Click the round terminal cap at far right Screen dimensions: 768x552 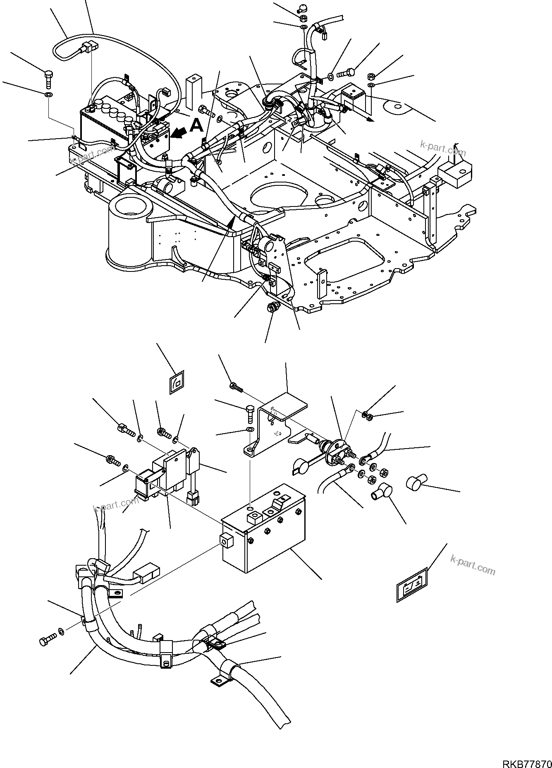[416, 483]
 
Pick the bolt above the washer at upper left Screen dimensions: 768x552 [48, 78]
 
